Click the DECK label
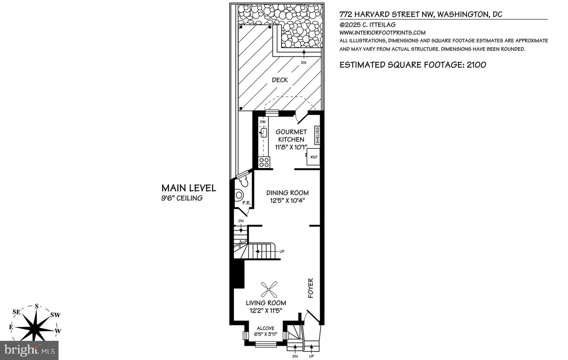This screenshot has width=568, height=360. tap(280, 80)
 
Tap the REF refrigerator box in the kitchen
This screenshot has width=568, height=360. tap(314, 157)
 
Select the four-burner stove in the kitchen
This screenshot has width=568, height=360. tap(264, 162)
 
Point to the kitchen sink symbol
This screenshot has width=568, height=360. tap(263, 133)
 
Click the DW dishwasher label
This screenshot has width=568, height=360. tap(263, 122)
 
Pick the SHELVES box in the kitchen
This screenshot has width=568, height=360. tap(317, 135)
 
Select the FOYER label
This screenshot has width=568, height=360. tap(311, 288)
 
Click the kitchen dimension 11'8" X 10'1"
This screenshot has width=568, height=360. tap(291, 147)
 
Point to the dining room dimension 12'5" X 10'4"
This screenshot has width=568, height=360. tap(287, 201)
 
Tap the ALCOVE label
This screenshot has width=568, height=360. tap(265, 328)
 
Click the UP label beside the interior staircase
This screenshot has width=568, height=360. tap(282, 252)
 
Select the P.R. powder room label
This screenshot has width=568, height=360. tap(247, 203)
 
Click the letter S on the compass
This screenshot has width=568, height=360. tap(37, 306)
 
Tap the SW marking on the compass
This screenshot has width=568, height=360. tap(55, 315)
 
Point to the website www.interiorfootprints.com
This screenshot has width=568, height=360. tap(382, 33)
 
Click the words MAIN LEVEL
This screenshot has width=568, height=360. tap(189, 188)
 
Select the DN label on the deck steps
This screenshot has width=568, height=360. tap(304, 62)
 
